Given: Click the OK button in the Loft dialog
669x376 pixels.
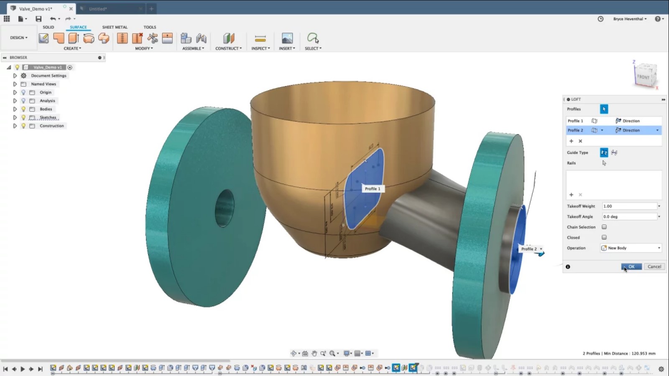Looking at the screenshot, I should (631, 267).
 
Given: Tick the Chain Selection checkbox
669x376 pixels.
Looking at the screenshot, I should (604, 227).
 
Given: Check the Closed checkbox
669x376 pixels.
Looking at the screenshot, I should (604, 237).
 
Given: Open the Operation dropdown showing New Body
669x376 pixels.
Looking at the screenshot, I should (631, 248).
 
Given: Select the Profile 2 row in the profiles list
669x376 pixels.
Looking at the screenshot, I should (575, 130).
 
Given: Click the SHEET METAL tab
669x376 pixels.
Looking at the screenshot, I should (115, 27).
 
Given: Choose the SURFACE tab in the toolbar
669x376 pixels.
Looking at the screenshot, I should (78, 27).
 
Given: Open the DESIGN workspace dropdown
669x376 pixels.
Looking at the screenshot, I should (19, 38).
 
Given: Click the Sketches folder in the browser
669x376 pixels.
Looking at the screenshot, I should (48, 117).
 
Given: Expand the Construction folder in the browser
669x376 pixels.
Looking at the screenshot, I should (15, 126).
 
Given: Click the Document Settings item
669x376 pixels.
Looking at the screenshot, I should (49, 76).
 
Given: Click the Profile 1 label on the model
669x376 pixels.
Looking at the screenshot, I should (373, 189).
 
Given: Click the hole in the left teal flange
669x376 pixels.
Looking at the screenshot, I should (225, 208).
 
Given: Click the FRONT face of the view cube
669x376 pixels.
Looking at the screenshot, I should (643, 77).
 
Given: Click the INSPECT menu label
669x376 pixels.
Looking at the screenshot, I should (260, 48).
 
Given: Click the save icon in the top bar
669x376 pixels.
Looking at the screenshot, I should (38, 19).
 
